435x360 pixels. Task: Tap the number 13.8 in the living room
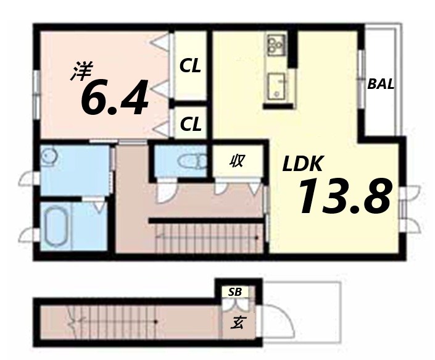coord(345,196)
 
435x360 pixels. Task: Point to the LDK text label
coord(303,164)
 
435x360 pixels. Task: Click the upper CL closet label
coord(190,66)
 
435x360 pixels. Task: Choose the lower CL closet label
coord(190,124)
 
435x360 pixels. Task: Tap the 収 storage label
coord(236,162)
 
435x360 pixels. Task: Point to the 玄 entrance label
coord(236,322)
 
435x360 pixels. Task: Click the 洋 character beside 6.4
coord(79,72)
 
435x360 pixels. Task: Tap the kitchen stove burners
coord(275,44)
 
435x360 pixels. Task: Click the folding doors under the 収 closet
coord(236,188)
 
